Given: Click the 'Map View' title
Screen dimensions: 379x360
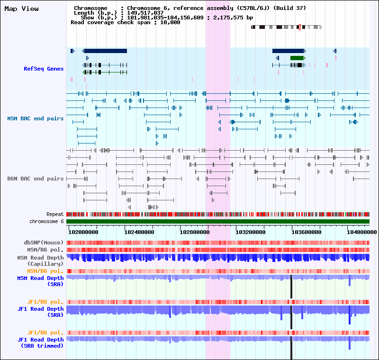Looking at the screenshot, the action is coord(21,9).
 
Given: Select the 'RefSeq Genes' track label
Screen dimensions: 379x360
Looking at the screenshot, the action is coord(44,69).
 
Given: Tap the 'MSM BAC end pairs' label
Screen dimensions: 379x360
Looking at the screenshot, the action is coord(35,118).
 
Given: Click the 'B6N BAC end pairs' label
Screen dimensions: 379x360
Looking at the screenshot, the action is coord(35,179).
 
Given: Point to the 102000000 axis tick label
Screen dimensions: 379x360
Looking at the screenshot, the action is coord(83,232).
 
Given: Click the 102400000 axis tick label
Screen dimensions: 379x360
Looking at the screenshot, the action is coord(139,232).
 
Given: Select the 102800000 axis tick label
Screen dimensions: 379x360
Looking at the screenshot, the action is coord(195,232).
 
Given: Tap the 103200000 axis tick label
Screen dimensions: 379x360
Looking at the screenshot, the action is coord(251,232).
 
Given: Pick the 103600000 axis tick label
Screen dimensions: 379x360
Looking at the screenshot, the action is coord(306,232).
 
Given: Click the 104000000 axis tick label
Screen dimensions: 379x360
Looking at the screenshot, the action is coord(362,232).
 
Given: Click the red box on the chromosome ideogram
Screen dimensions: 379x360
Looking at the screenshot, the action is coord(300,27).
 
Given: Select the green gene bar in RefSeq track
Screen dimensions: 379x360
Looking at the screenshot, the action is coord(298,58).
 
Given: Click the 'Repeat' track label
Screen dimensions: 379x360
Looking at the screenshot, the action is coord(55,214).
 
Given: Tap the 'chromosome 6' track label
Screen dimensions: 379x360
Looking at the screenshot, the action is coord(46,221).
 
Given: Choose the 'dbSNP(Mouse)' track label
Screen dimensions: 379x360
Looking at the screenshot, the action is coord(44,243).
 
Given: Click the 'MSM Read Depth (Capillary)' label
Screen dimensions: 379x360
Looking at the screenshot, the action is coord(40,261).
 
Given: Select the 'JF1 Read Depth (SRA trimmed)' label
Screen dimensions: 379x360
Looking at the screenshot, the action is coord(40,342).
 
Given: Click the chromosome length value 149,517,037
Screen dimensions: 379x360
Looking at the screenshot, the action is coord(145,13).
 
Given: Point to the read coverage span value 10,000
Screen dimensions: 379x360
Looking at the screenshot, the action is coord(170,22).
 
